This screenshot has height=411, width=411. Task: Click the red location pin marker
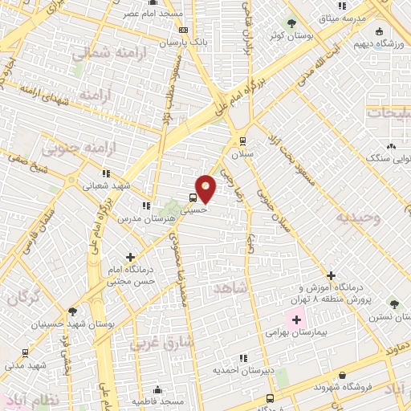pyautogui.click(x=206, y=189)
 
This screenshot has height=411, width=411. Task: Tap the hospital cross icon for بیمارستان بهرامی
pyautogui.click(x=296, y=320)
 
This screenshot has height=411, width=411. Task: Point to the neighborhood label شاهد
pyautogui.click(x=232, y=287)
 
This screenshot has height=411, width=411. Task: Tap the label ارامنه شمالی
pyautogui.click(x=102, y=53)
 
